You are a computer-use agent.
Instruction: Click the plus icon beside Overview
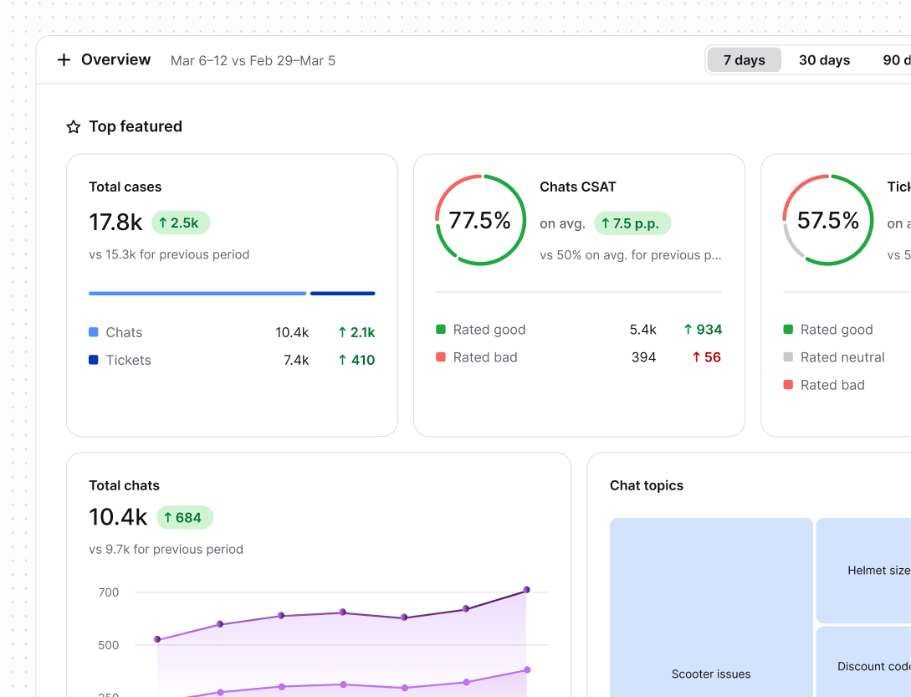tap(64, 60)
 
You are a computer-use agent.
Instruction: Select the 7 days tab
tap(744, 60)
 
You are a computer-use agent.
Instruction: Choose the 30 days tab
tap(824, 60)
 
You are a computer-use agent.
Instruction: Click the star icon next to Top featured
tap(74, 127)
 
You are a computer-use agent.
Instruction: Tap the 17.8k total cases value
tap(115, 223)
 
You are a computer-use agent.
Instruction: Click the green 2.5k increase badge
tap(181, 223)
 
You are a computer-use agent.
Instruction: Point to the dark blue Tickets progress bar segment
tap(342, 294)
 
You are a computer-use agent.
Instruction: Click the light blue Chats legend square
tap(94, 332)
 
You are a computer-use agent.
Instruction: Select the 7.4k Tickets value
tap(296, 360)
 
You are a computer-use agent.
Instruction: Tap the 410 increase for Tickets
tap(356, 360)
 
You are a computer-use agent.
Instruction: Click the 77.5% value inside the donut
tap(479, 221)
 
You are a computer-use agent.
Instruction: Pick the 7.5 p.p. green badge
tap(632, 223)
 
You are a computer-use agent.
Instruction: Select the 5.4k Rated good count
tap(642, 330)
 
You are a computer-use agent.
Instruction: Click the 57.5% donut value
tap(827, 221)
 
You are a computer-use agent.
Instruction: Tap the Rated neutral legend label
tap(842, 357)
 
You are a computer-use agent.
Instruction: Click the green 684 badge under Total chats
tap(185, 518)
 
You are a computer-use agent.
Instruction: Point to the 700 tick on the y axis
tap(109, 592)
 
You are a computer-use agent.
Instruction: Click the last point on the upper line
tap(526, 590)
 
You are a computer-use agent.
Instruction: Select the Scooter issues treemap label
tap(711, 674)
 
